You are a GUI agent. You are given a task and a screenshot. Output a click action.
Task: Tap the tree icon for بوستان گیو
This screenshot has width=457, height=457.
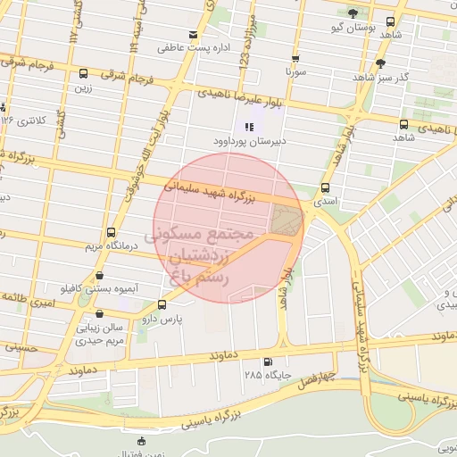tap(353, 13)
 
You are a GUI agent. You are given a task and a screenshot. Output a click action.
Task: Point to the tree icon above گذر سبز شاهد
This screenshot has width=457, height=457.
tap(381, 62)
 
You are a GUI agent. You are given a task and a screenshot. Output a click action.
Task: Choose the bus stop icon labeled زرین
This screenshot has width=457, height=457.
tap(83, 74)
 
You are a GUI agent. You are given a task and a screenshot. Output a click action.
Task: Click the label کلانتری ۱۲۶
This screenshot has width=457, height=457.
tap(24, 120)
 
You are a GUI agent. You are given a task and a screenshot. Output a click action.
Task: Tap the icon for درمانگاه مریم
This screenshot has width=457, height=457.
tap(110, 231)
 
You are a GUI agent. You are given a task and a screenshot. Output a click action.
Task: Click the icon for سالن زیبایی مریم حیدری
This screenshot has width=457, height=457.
tap(98, 314)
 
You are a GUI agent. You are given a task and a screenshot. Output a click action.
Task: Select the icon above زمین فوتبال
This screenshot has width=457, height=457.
tap(141, 441)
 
